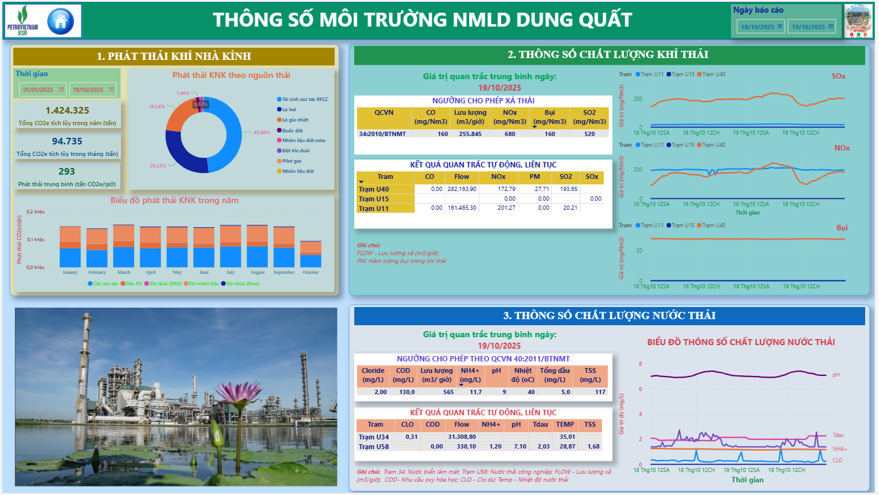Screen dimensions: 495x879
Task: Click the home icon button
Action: [60, 21]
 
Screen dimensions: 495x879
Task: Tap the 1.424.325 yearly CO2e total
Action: [67, 111]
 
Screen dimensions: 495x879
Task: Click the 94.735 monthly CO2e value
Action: [67, 141]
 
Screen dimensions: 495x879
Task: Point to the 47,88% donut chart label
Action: [261, 132]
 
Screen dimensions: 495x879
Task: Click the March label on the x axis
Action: [124, 273]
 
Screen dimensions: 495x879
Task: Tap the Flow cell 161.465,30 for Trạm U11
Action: [461, 208]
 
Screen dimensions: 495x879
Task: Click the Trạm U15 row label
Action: [374, 199]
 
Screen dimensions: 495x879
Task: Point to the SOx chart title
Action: [838, 76]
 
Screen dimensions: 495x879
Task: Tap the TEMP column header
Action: [565, 425]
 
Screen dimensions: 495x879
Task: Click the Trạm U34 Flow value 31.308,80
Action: [462, 437]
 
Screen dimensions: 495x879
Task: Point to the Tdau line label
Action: [838, 435]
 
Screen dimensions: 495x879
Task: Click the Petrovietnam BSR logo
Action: [23, 21]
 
